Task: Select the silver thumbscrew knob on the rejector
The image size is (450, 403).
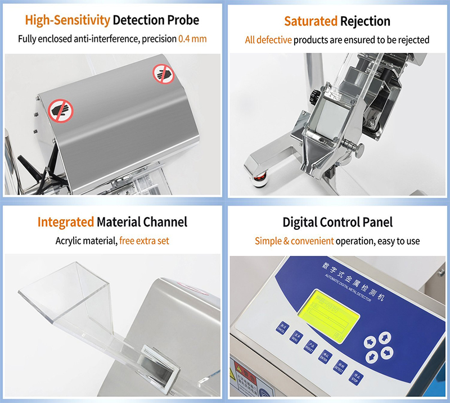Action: pyautogui.click(x=354, y=148)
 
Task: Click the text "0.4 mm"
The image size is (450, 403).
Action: pyautogui.click(x=192, y=39)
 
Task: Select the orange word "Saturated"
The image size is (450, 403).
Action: pyautogui.click(x=310, y=21)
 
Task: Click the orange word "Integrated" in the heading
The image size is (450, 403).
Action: pyautogui.click(x=66, y=222)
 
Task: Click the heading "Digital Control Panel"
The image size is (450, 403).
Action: pyautogui.click(x=337, y=222)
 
